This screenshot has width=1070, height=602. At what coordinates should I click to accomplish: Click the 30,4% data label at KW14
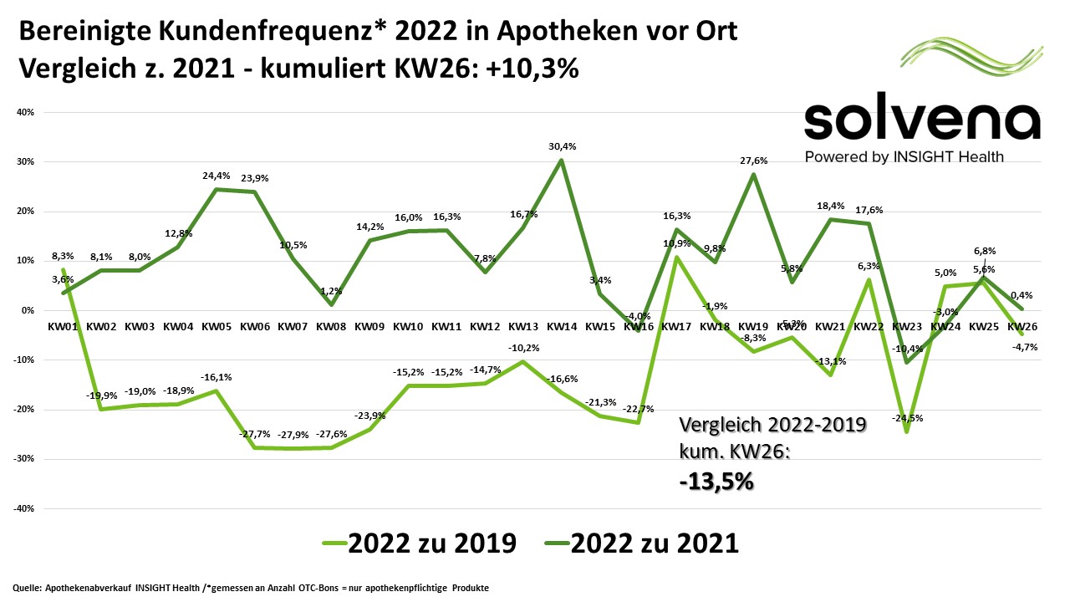(562, 146)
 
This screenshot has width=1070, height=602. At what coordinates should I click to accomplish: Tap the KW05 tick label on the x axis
(217, 326)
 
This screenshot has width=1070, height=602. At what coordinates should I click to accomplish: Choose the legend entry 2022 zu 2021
(641, 543)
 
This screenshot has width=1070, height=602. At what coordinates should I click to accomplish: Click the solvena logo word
(922, 121)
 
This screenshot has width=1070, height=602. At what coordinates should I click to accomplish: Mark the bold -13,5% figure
(716, 482)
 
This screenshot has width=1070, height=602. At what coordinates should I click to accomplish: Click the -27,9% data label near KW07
(293, 435)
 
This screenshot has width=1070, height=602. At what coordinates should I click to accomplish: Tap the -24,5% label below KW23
(907, 418)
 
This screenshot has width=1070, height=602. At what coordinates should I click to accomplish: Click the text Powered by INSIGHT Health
(904, 157)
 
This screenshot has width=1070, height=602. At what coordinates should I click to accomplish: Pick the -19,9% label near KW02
(101, 395)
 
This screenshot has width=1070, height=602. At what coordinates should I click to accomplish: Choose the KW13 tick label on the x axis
(523, 326)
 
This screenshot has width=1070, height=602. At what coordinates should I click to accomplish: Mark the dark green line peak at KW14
(562, 160)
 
